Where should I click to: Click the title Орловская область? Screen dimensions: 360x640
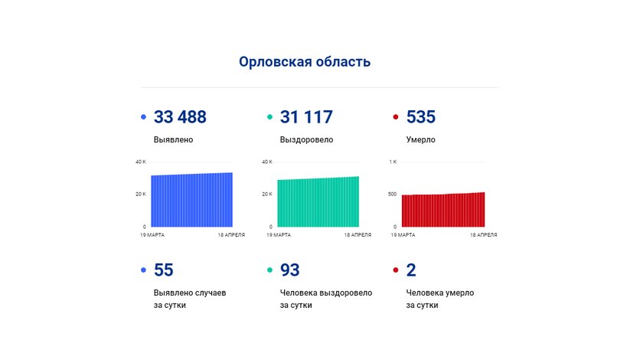(x=305, y=62)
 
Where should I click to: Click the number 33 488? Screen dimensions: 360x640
(x=180, y=117)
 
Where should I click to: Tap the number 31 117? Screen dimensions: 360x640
(x=306, y=117)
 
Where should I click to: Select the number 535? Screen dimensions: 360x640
(x=420, y=117)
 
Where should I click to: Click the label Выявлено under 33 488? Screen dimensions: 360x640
(x=173, y=140)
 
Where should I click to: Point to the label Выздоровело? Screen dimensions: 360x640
(x=306, y=140)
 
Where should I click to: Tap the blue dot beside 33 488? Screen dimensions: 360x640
(x=143, y=117)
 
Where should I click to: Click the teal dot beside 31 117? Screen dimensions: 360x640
(x=269, y=117)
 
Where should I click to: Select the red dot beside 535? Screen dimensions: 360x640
(x=395, y=117)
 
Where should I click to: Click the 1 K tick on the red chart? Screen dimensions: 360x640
(x=393, y=162)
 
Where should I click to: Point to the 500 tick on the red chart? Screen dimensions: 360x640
(x=392, y=194)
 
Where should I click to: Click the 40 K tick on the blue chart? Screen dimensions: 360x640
(x=140, y=162)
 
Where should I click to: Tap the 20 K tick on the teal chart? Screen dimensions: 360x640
(x=267, y=194)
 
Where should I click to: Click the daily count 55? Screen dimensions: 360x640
(x=164, y=270)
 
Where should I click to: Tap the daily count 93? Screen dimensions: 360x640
(x=290, y=270)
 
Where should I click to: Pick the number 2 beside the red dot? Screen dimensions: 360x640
(x=411, y=270)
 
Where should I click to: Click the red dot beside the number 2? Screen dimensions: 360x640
(x=395, y=270)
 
